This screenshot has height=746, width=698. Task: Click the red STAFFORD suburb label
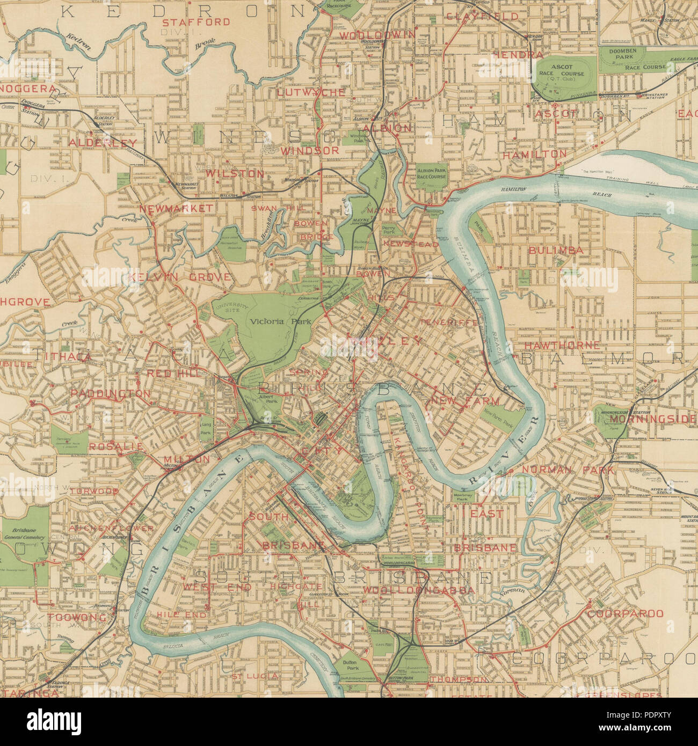pos(196,22)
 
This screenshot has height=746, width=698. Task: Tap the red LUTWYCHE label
pos(311,92)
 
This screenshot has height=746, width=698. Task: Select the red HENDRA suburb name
pos(518,55)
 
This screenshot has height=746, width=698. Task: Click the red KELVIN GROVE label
pos(180,277)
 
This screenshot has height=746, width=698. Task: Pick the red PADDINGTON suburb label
pos(111,393)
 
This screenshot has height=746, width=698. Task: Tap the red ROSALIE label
pos(116,446)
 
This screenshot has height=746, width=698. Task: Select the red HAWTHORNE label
pos(554,345)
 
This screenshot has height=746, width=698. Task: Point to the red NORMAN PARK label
pos(568,470)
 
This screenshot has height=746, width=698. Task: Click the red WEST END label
pos(217,587)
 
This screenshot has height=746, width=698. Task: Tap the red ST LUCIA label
pos(256,676)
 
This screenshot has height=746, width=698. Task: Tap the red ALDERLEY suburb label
pos(103,143)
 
